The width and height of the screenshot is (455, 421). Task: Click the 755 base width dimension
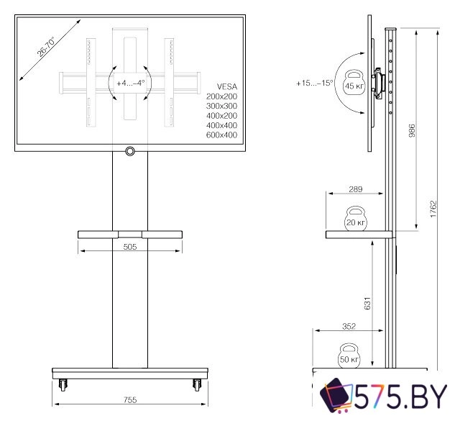tap(130, 399)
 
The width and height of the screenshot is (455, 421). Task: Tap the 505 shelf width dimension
tap(130, 245)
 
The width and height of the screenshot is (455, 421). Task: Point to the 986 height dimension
tap(412, 132)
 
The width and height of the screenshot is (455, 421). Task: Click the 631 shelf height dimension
tap(368, 303)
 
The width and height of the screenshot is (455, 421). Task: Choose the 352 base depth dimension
tap(348, 326)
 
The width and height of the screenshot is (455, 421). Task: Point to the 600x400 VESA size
tap(221, 135)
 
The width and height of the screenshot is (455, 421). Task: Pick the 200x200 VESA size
tap(221, 96)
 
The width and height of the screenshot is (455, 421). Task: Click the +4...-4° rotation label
tap(130, 83)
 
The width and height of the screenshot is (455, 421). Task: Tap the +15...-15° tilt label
tap(314, 83)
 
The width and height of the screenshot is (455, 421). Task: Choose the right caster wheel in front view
tap(195, 384)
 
